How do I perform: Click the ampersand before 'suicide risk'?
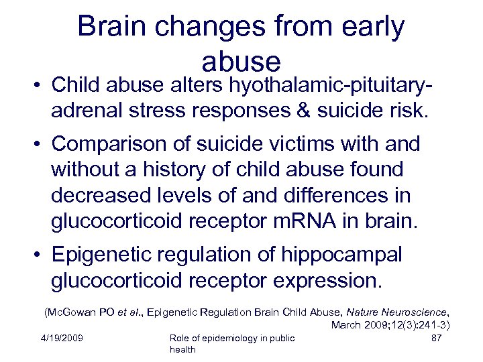311,109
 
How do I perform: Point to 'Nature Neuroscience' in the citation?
402,312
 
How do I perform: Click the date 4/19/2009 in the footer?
61,338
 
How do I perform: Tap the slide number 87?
436,338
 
